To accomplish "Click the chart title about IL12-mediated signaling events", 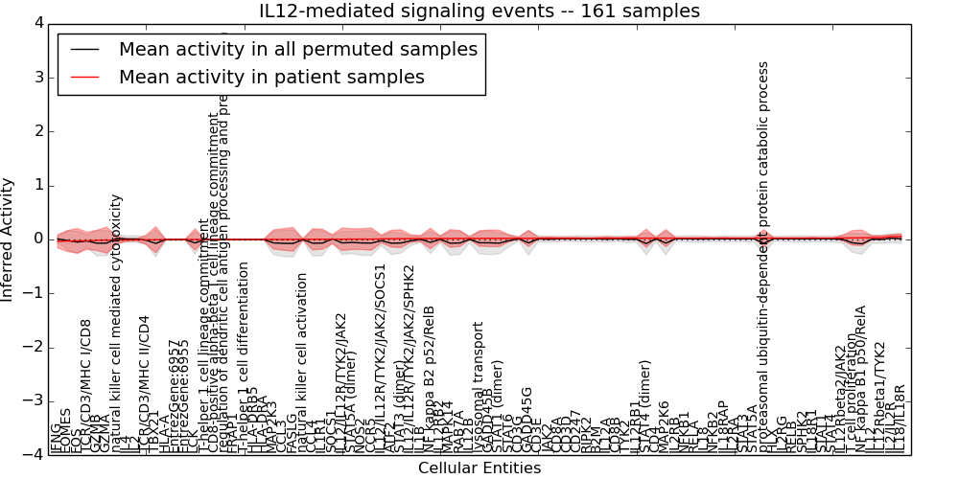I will (479, 11).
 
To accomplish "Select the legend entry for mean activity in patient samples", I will (271, 77).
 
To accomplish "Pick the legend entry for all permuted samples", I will (298, 49).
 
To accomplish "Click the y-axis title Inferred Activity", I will (9, 239).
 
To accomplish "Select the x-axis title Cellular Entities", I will (479, 468).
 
